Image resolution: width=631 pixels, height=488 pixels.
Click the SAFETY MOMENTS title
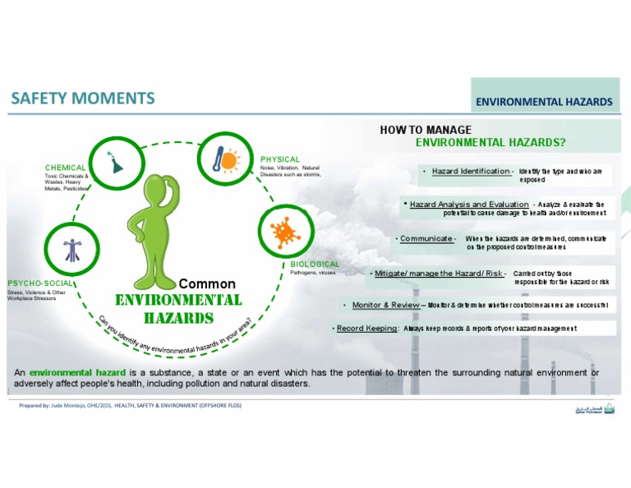[x=83, y=99]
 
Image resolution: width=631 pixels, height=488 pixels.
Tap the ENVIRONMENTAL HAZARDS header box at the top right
[x=544, y=102]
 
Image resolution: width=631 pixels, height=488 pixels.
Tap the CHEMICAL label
[x=66, y=168]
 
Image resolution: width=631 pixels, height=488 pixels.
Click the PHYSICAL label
[x=280, y=159]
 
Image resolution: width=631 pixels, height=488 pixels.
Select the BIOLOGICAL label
[x=315, y=264]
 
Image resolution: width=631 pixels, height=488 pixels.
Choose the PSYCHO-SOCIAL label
[x=41, y=283]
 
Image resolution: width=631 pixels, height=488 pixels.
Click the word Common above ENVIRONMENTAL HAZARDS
[x=207, y=283]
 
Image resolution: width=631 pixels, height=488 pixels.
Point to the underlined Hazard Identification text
[x=472, y=171]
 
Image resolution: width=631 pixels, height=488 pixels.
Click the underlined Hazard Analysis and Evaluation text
[x=469, y=204]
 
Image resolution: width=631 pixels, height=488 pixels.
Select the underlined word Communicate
[x=427, y=238]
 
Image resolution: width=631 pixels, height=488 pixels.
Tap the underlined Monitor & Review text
[x=385, y=305]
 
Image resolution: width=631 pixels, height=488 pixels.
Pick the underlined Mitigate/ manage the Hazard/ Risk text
[x=439, y=273]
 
